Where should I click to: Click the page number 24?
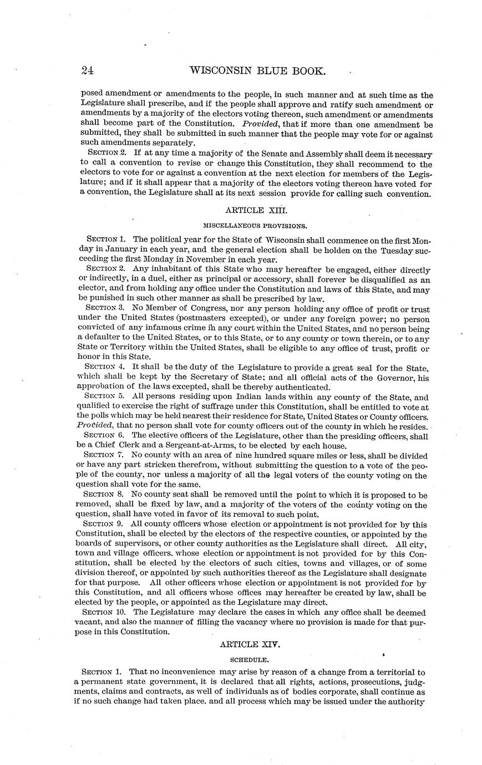pos(87,70)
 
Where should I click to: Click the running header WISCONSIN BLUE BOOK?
pos(257,71)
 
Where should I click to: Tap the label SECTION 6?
pos(103,435)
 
